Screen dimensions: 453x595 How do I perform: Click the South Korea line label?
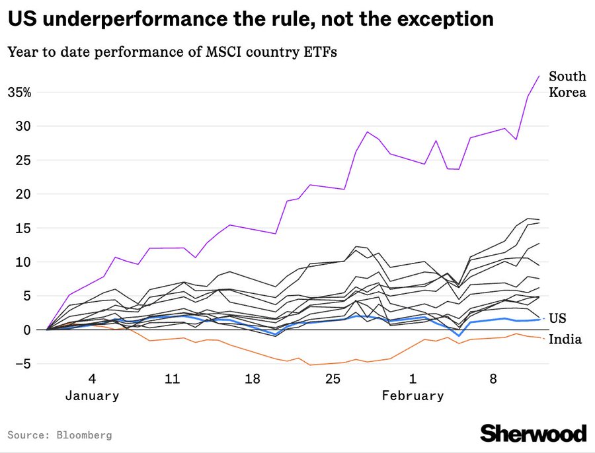[x=567, y=85]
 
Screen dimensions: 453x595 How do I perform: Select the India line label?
[x=565, y=339]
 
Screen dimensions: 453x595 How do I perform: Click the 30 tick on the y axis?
[x=23, y=125]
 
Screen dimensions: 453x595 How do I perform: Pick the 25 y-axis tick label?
[x=23, y=160]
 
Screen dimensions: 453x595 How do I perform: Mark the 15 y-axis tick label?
[x=23, y=228]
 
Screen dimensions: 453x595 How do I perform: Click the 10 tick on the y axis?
[x=23, y=261]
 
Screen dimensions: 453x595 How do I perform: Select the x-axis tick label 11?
[x=172, y=379]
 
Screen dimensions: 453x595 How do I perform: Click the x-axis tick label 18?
[x=252, y=379]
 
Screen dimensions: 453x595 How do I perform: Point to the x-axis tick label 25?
[x=333, y=379]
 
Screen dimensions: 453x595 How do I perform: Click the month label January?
[x=92, y=396]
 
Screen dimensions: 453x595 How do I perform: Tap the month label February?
[x=413, y=396]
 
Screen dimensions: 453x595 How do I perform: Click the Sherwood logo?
[x=533, y=433]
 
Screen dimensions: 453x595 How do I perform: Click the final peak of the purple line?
[x=539, y=76]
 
